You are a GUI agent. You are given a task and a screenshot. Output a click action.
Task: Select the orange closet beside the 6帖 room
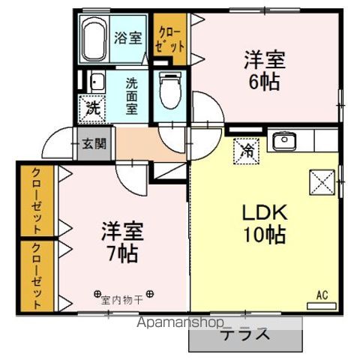(x=169, y=39)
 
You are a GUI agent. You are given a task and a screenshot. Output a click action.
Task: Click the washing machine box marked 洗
(x=92, y=107)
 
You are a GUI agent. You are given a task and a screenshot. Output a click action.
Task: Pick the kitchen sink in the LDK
(x=285, y=141)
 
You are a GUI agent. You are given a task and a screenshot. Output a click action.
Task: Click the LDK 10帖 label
(x=262, y=223)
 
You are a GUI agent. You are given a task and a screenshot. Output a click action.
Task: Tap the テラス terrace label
(x=244, y=334)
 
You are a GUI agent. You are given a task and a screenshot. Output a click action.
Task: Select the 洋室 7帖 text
(x=120, y=241)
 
